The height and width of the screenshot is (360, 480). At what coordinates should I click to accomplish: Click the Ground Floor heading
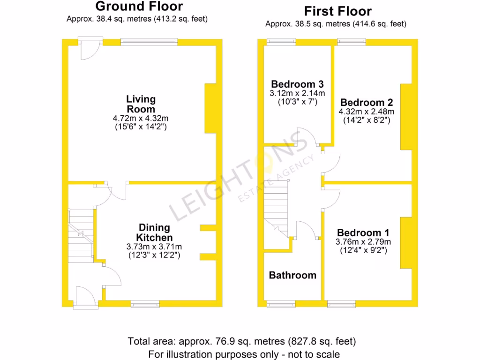pyautogui.click(x=139, y=7)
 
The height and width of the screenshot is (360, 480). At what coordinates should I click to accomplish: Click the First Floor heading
pyautogui.click(x=338, y=11)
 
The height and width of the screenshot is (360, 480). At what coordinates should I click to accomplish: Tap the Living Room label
pyautogui.click(x=141, y=104)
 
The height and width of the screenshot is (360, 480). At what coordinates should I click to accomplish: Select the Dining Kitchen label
pyautogui.click(x=153, y=232)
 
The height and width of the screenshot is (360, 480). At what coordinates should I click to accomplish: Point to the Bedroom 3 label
pyautogui.click(x=297, y=84)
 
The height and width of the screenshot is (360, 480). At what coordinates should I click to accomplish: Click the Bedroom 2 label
pyautogui.click(x=367, y=103)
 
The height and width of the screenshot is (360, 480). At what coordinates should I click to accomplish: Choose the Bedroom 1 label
pyautogui.click(x=363, y=233)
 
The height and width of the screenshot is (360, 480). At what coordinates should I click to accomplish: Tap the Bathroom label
pyautogui.click(x=292, y=275)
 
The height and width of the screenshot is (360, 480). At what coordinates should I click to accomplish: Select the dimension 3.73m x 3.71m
pyautogui.click(x=154, y=247)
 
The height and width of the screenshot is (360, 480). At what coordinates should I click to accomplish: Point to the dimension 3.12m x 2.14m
pyautogui.click(x=297, y=93)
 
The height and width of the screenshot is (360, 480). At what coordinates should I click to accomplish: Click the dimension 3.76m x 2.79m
pyautogui.click(x=363, y=242)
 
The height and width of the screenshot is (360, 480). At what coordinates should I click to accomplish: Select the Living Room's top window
pyautogui.click(x=149, y=42)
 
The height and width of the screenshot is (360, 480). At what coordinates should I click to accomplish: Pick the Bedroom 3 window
pyautogui.click(x=281, y=42)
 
